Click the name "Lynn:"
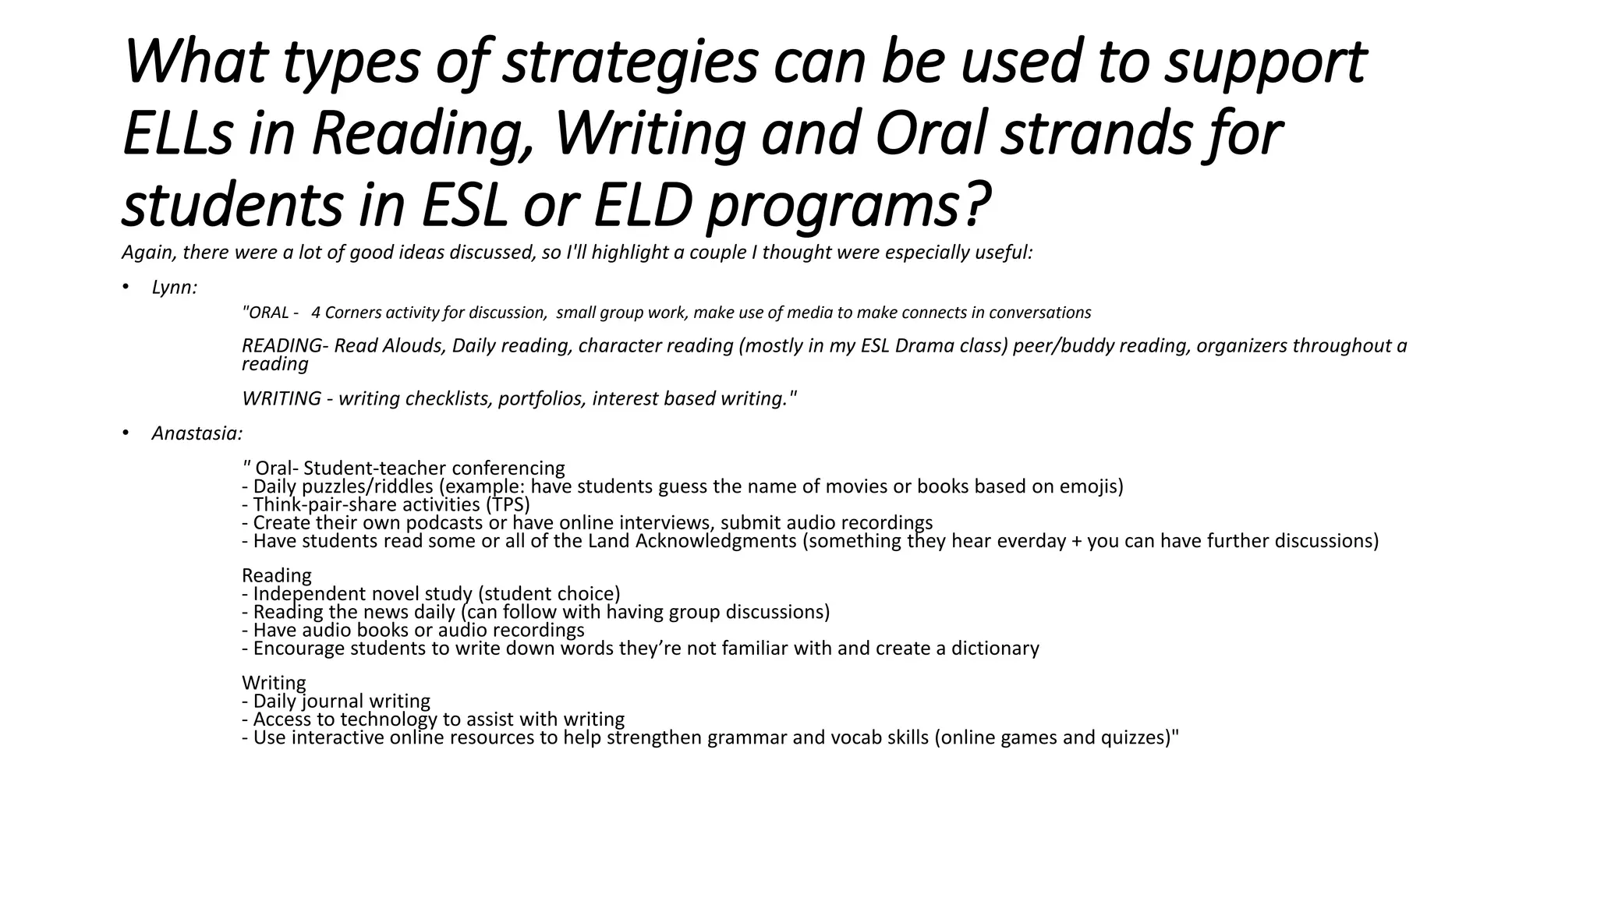pyautogui.click(x=175, y=288)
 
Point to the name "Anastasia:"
pyautogui.click(x=197, y=433)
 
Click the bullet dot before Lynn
pyautogui.click(x=125, y=288)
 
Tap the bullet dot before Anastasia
pyautogui.click(x=125, y=433)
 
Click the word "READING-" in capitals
pyautogui.click(x=283, y=345)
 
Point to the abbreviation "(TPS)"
pyautogui.click(x=507, y=504)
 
